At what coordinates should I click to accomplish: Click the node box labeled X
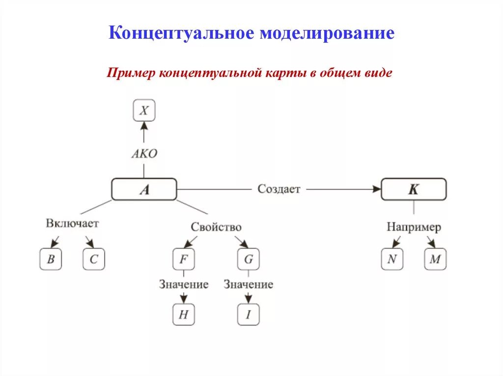144,111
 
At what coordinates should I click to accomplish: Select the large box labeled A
144,189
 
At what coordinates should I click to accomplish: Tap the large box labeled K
414,189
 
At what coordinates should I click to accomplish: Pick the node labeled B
51,259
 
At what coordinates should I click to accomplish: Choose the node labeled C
93,259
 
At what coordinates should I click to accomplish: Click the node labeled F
183,259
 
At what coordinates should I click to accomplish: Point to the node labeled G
249,259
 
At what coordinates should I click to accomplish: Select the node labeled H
183,315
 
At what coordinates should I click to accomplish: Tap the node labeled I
249,315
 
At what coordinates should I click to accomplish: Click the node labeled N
392,259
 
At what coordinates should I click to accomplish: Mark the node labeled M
435,259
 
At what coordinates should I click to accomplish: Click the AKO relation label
144,153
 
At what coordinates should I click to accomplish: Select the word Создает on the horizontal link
279,189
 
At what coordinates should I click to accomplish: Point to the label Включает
73,224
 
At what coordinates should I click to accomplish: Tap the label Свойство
216,227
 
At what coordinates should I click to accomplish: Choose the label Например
414,227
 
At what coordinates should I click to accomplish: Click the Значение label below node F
184,284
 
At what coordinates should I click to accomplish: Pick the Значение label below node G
249,284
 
